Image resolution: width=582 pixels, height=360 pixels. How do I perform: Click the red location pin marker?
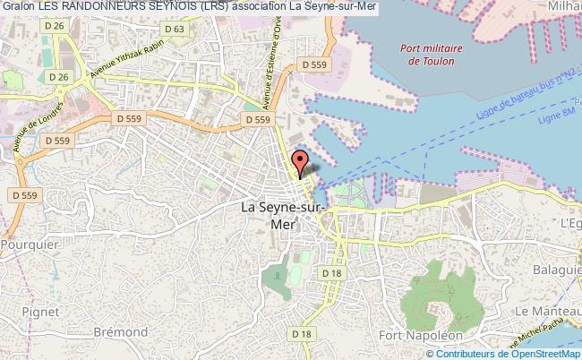(x=301, y=163)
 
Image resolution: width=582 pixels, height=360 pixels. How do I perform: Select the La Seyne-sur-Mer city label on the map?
(x=286, y=215)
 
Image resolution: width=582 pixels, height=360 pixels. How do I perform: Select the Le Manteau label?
(x=547, y=310)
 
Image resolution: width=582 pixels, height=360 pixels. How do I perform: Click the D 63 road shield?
(x=175, y=29)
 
